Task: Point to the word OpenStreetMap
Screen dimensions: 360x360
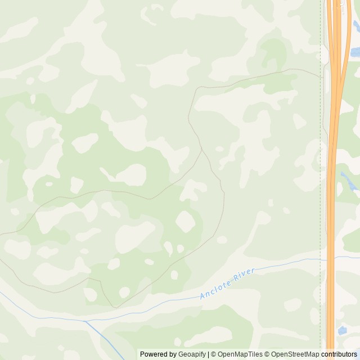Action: coord(295,354)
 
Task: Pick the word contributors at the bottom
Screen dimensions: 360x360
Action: coord(339,354)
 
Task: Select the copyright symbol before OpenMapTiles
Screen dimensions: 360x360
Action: coord(214,354)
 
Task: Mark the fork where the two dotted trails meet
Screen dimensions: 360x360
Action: coord(201,149)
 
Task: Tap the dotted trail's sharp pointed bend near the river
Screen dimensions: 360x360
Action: coord(114,307)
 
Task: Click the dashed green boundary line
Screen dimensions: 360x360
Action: coord(321,169)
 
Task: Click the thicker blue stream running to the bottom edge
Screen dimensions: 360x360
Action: coord(107,340)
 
